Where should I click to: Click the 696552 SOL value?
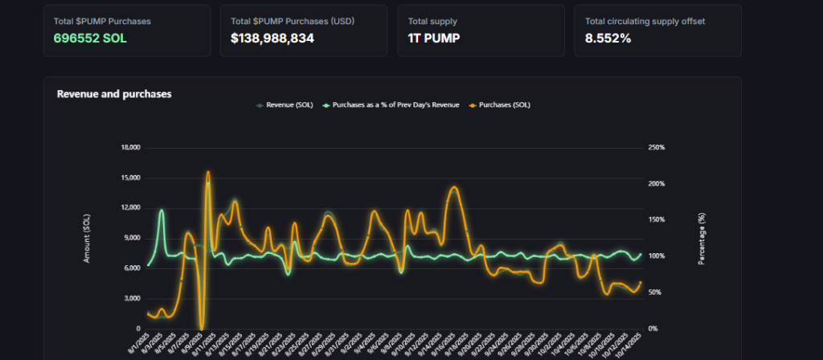tap(90, 38)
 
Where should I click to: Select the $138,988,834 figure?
tap(272, 38)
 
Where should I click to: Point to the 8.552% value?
tap(608, 38)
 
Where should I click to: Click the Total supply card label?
tap(432, 21)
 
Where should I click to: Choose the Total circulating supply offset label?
tap(645, 21)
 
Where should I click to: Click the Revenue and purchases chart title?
tap(114, 94)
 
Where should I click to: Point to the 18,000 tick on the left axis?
tap(130, 148)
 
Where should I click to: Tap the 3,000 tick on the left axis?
tap(133, 298)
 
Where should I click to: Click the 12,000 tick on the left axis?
tap(130, 208)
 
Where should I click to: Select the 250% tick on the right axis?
tap(656, 148)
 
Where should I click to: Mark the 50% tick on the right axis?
tap(654, 292)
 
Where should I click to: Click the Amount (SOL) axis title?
tap(87, 238)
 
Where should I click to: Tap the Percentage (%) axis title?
tap(701, 238)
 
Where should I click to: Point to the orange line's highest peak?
tap(207, 171)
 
